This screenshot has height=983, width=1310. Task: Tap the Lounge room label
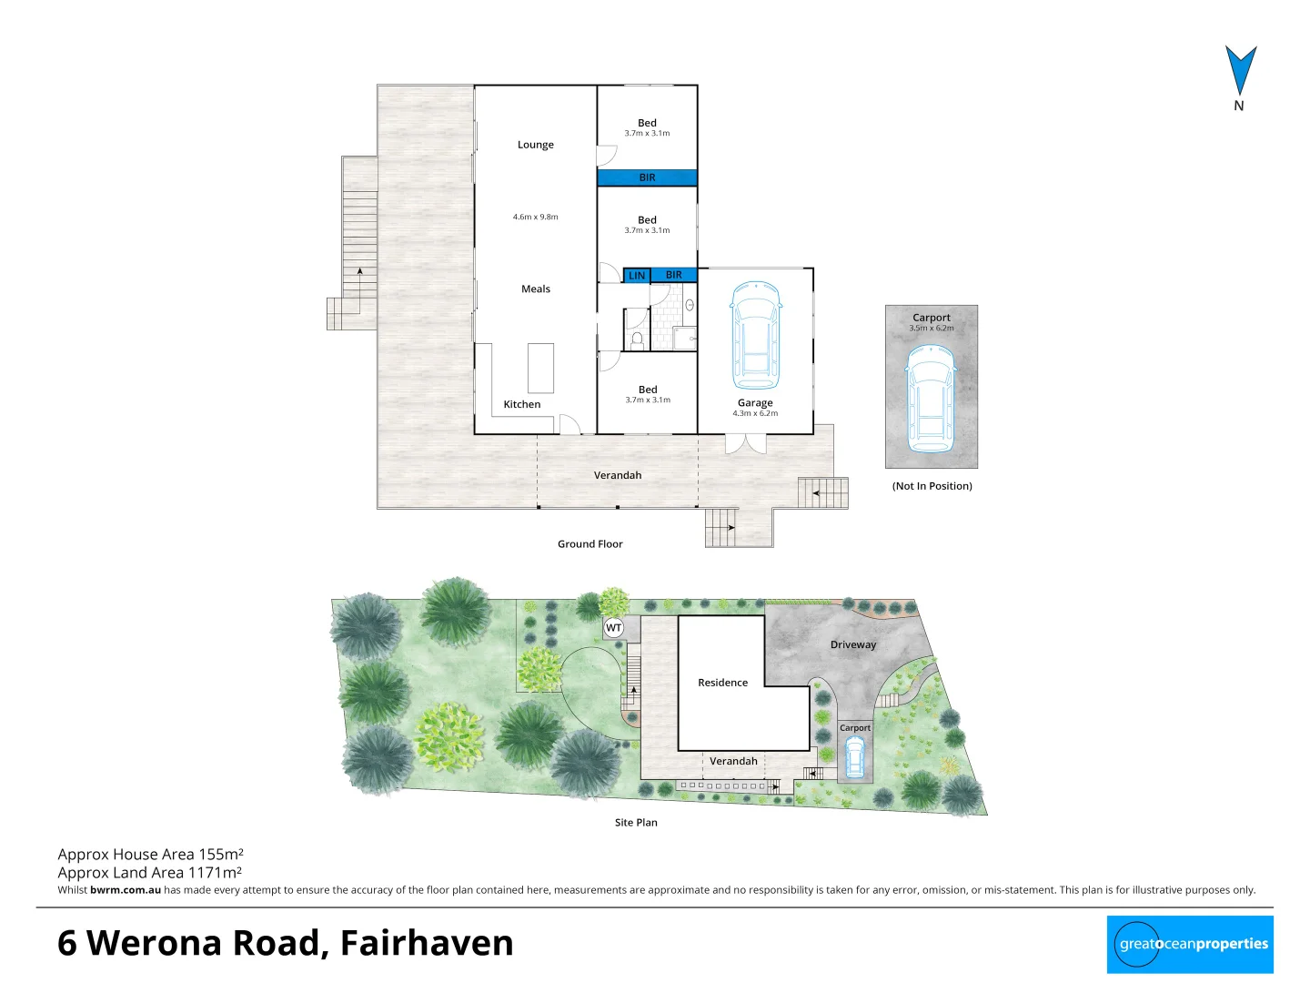tap(535, 145)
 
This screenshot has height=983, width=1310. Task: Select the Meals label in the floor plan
tap(535, 289)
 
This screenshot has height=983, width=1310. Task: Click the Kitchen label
tap(521, 404)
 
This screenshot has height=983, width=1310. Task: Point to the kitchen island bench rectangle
tap(540, 368)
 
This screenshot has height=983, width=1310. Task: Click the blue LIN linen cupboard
tap(637, 275)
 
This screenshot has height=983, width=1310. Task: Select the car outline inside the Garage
tap(755, 335)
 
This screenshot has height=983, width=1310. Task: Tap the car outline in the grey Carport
tap(931, 400)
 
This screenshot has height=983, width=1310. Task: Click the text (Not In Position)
tap(932, 486)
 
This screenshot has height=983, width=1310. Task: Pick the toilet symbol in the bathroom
tap(637, 340)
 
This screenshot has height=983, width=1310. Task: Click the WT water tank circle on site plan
tap(614, 628)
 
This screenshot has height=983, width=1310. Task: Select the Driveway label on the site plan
tap(852, 644)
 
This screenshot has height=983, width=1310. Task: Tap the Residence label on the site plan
tap(722, 683)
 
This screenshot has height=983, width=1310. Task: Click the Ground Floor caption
tap(589, 544)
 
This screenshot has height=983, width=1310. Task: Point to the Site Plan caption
tap(635, 823)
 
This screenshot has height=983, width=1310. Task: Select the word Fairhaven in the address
tap(427, 943)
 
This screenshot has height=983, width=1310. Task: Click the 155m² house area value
tap(221, 855)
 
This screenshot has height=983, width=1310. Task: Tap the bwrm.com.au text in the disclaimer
tap(126, 890)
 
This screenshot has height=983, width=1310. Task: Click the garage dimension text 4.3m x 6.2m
tap(755, 413)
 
